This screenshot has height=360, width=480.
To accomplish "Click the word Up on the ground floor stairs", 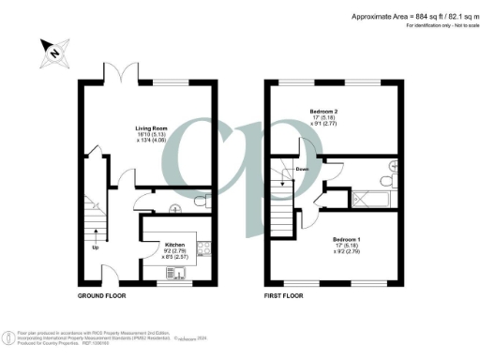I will (94, 248).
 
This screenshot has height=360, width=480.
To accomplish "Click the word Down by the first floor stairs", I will (303, 170).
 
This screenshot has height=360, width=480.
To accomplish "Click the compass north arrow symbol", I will (52, 53).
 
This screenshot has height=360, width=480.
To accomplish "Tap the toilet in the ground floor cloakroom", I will (198, 202).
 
